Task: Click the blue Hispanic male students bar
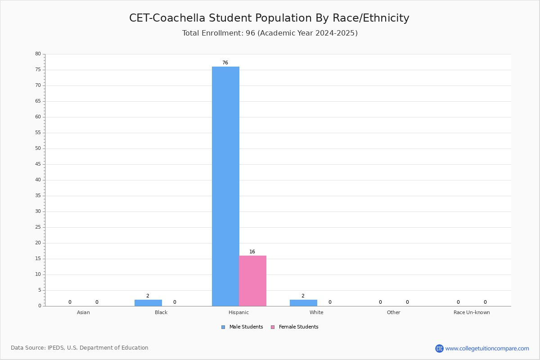pos(225,186)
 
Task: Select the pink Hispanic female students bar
pos(252,281)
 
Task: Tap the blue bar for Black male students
pos(148,303)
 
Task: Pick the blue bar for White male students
pos(303,303)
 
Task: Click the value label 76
pos(225,63)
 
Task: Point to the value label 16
pos(252,252)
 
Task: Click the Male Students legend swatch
pos(223,327)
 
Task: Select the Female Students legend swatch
pos(273,327)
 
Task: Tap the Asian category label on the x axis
pos(83,312)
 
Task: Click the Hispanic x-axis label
pos(238,312)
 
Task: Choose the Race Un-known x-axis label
pos(472,312)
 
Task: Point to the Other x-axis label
pos(394,312)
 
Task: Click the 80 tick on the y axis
pos(38,54)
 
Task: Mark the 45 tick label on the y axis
pos(38,164)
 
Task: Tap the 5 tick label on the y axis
pos(40,290)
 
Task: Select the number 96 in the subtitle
pos(251,33)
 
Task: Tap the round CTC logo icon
pos(439,348)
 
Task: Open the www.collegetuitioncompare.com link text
pos(487,349)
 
